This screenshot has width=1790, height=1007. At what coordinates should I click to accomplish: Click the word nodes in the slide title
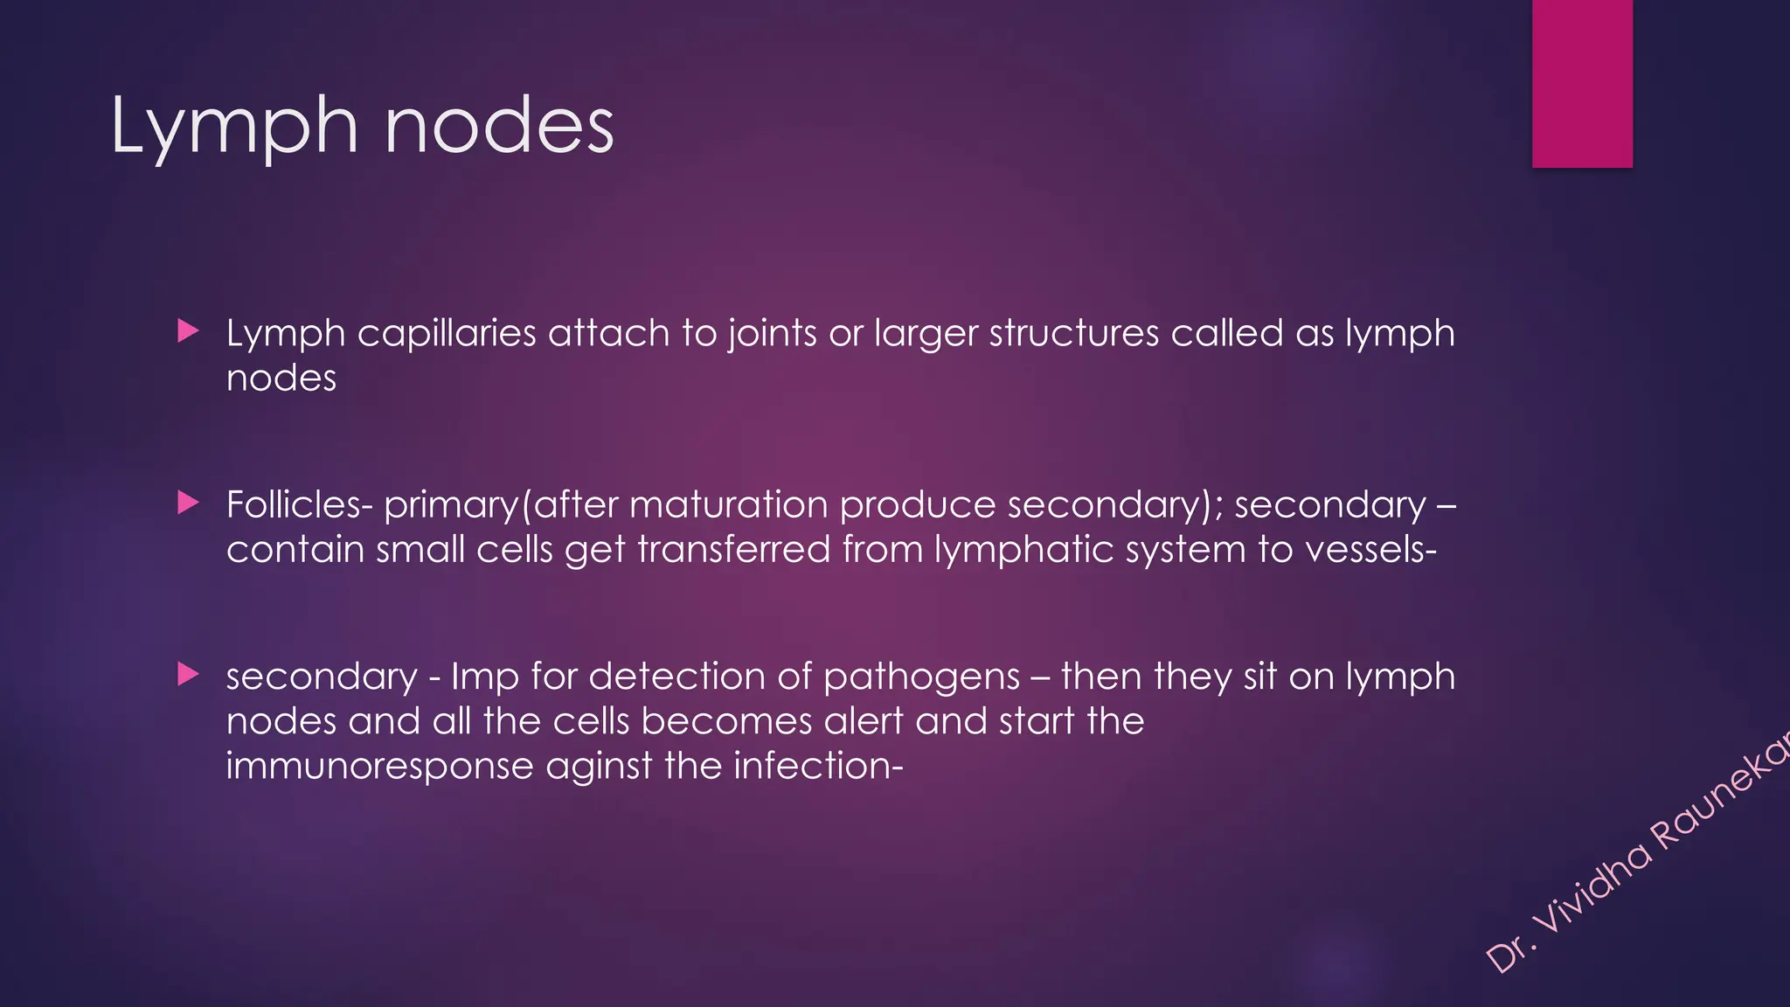499,128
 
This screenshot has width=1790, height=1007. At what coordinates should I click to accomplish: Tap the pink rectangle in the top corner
1582,83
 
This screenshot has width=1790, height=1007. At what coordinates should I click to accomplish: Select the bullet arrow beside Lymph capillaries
188,331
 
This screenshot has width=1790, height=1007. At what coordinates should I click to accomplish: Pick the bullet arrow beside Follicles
188,503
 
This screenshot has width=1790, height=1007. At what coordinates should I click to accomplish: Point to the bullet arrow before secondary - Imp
188,674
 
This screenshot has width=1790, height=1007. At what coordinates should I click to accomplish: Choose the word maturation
728,504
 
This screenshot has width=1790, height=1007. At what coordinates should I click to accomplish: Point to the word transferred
733,550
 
